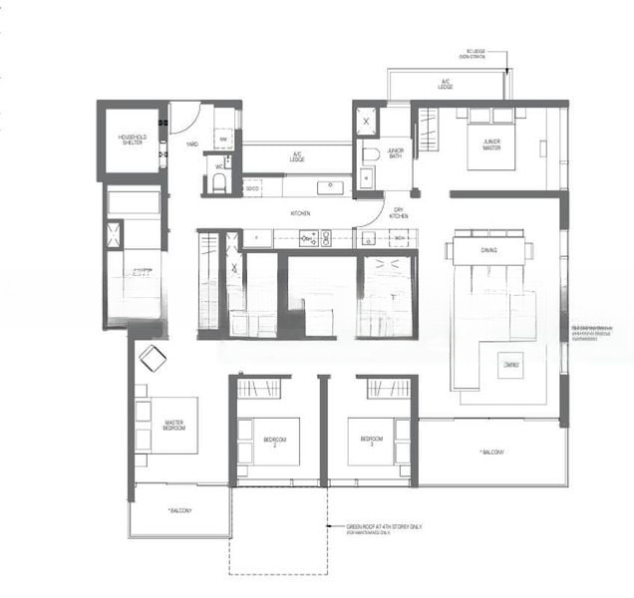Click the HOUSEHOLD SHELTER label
click(x=132, y=140)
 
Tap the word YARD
click(x=190, y=145)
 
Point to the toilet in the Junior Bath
click(x=369, y=154)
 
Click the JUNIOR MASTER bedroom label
click(x=491, y=144)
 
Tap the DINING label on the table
click(x=488, y=250)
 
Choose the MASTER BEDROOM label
click(x=174, y=426)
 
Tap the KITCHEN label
click(x=299, y=213)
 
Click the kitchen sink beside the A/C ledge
click(x=327, y=186)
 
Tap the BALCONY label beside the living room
click(x=490, y=452)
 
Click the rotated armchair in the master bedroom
click(x=153, y=358)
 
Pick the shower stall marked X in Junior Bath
click(x=366, y=120)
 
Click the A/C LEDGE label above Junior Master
click(x=447, y=86)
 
